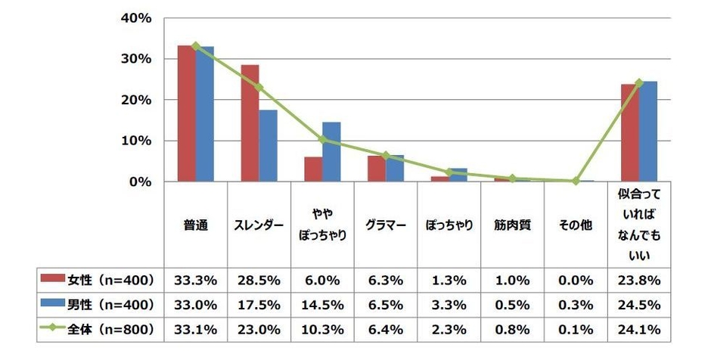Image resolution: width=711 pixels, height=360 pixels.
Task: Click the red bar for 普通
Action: tap(186, 113)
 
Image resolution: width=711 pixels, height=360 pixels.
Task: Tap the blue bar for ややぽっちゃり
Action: tap(331, 152)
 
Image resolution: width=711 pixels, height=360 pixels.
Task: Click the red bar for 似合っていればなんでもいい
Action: tap(630, 133)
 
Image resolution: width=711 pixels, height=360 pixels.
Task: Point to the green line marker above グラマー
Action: tap(386, 156)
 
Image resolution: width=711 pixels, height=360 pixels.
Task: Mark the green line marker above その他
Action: tap(576, 181)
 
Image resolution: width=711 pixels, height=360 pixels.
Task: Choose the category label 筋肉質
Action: tap(512, 225)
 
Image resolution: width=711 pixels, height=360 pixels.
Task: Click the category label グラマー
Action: tap(386, 225)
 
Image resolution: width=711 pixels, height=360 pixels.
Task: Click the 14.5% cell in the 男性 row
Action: tap(323, 304)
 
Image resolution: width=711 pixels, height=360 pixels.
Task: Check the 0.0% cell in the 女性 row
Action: tap(576, 280)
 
